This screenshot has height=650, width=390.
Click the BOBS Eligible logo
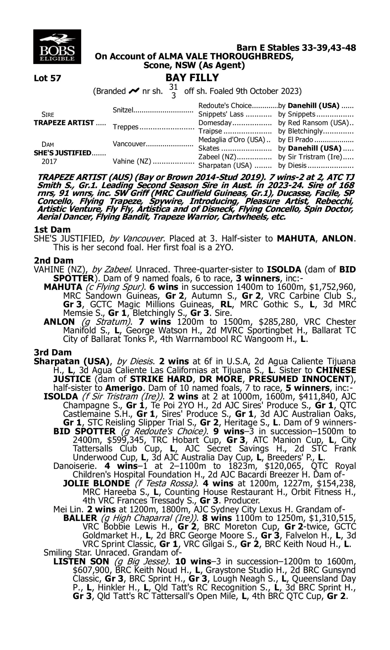(x=57, y=47)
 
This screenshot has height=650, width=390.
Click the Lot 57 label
(x=47, y=78)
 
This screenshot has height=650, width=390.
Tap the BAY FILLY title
(x=192, y=77)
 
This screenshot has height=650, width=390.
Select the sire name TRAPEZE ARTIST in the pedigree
(x=64, y=123)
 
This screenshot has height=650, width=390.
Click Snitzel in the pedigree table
(x=123, y=110)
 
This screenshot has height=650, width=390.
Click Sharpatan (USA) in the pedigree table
(x=225, y=166)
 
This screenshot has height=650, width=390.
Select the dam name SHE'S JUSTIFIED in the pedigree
(x=63, y=153)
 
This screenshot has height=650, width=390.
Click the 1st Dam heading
(x=52, y=230)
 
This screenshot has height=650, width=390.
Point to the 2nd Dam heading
(x=53, y=260)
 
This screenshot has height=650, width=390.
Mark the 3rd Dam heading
(x=53, y=352)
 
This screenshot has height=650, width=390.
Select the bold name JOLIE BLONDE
(x=96, y=483)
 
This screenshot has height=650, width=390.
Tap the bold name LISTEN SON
(x=81, y=561)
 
